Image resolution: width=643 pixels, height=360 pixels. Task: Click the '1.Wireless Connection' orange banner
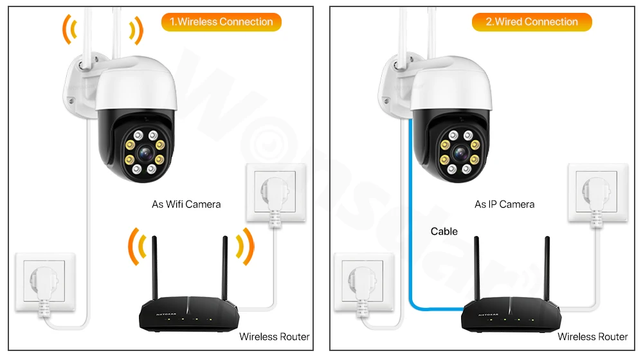(x=221, y=22)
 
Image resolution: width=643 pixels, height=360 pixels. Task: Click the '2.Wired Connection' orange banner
(x=532, y=22)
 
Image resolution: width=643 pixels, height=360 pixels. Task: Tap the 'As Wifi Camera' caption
(x=186, y=204)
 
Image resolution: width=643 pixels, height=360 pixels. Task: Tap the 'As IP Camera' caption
(x=504, y=204)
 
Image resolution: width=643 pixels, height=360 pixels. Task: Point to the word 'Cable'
(x=444, y=231)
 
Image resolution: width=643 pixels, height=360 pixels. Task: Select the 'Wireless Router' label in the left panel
(x=275, y=337)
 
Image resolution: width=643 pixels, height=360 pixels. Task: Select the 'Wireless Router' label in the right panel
(x=592, y=337)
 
